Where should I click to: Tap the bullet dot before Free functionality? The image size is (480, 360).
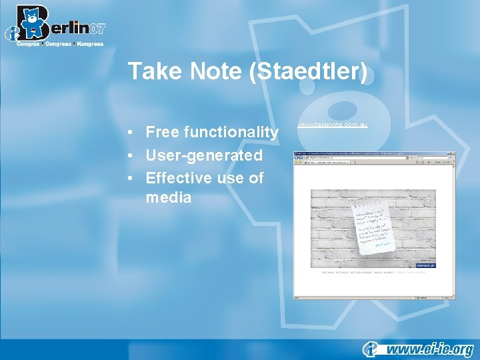(x=133, y=133)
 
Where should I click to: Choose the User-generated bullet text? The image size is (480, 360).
(x=204, y=155)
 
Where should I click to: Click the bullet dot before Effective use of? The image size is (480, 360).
(x=133, y=178)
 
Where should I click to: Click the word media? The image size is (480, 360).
(x=169, y=197)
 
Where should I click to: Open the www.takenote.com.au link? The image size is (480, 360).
(x=332, y=125)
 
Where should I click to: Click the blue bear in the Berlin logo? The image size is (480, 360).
(x=31, y=24)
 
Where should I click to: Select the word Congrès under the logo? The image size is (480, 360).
(x=29, y=44)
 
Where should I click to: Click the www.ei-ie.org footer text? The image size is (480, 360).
(x=429, y=349)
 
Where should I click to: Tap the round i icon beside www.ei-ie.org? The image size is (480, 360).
(x=371, y=349)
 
